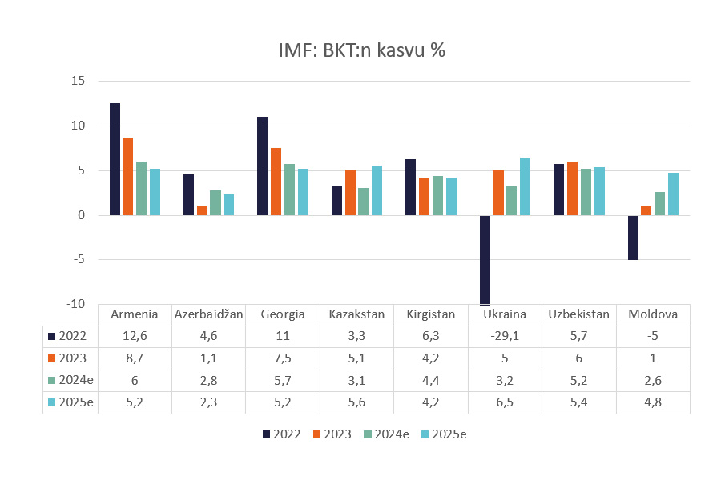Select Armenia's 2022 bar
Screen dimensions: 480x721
point(115,159)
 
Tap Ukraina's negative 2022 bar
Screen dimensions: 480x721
point(485,259)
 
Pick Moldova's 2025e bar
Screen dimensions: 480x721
point(674,194)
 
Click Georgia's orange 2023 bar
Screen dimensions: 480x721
point(276,182)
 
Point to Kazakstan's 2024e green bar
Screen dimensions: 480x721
point(364,202)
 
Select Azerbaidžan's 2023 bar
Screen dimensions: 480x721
point(202,210)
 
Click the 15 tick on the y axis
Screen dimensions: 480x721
point(78,81)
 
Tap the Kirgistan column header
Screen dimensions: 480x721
point(431,314)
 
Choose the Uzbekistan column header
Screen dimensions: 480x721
point(579,314)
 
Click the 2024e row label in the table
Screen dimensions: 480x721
point(71,381)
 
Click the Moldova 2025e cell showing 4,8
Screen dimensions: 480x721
point(653,403)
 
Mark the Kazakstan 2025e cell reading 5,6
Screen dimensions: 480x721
point(356,403)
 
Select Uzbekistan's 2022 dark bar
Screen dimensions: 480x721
point(558,190)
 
